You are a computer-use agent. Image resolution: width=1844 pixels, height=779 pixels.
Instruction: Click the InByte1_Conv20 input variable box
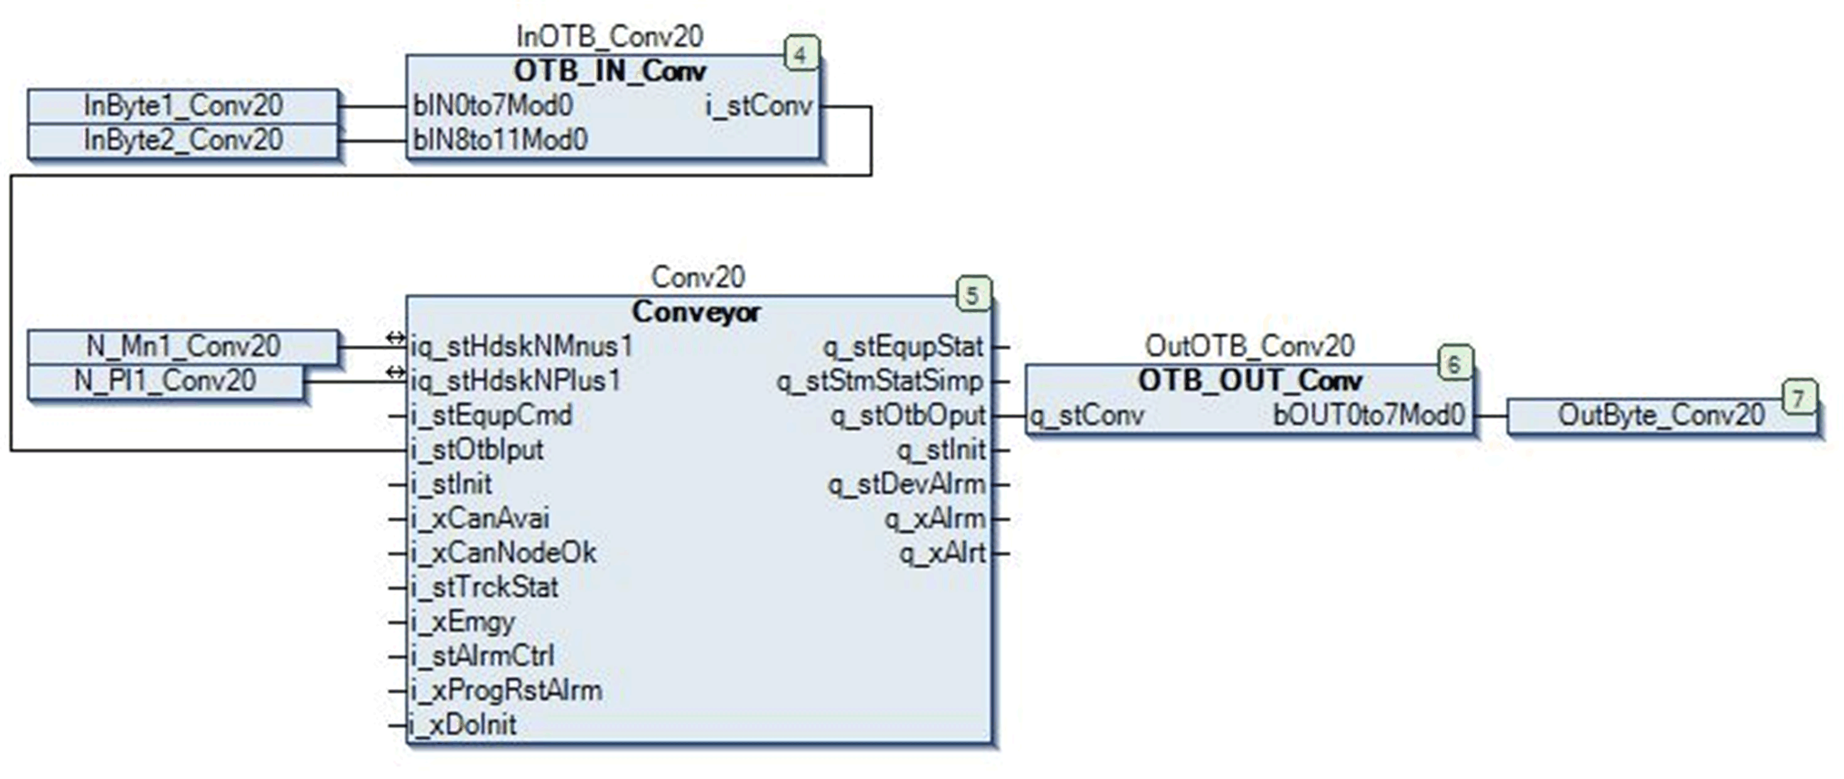pyautogui.click(x=183, y=106)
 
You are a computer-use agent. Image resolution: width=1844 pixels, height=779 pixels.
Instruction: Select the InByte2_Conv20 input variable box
pyautogui.click(x=183, y=140)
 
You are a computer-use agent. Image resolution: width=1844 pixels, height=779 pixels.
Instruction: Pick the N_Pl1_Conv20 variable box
pyautogui.click(x=165, y=381)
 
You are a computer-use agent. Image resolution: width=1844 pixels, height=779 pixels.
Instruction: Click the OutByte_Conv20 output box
pyautogui.click(x=1661, y=415)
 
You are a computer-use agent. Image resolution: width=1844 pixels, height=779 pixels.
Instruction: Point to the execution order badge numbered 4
pyautogui.click(x=801, y=55)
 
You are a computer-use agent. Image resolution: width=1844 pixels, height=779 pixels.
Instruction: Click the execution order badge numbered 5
pyautogui.click(x=973, y=295)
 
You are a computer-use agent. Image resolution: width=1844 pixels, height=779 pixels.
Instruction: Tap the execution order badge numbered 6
pyautogui.click(x=1454, y=364)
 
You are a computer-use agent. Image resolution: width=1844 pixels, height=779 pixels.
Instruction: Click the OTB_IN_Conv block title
pyautogui.click(x=610, y=71)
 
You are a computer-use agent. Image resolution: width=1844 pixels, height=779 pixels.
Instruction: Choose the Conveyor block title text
pyautogui.click(x=696, y=312)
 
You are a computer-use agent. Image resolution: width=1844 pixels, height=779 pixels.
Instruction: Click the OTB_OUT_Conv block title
pyautogui.click(x=1250, y=381)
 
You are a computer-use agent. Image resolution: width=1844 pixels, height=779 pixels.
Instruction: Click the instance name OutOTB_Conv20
pyautogui.click(x=1250, y=346)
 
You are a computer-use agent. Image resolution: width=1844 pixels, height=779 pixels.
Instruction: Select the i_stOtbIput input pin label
pyautogui.click(x=477, y=450)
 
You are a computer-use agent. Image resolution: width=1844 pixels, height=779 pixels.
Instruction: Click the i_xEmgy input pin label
pyautogui.click(x=463, y=622)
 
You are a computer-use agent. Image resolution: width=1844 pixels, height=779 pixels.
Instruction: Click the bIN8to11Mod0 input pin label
pyautogui.click(x=500, y=140)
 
